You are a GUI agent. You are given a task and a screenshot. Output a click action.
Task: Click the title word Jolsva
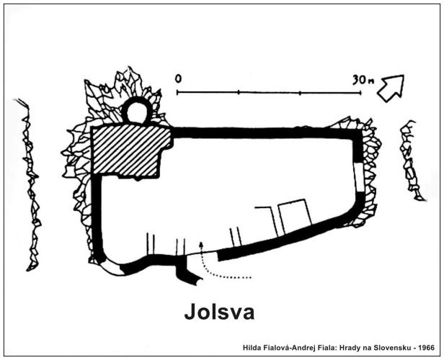(219, 312)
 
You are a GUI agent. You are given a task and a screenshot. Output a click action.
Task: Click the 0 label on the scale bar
(178, 78)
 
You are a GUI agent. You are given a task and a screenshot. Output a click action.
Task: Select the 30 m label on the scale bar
(363, 80)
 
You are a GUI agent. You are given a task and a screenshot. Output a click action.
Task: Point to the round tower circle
(137, 99)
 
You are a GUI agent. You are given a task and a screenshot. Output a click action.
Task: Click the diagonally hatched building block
(130, 152)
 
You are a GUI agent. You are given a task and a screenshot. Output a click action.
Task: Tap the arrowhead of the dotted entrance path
(201, 244)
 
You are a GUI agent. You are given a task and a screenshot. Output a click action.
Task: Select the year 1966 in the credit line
(427, 348)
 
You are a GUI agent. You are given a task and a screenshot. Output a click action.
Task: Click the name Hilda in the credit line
(250, 348)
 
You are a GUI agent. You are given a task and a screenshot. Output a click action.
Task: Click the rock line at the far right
(411, 161)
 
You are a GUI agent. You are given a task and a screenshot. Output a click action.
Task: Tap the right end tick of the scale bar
(360, 92)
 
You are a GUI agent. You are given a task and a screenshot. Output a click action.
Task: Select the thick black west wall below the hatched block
(97, 215)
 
